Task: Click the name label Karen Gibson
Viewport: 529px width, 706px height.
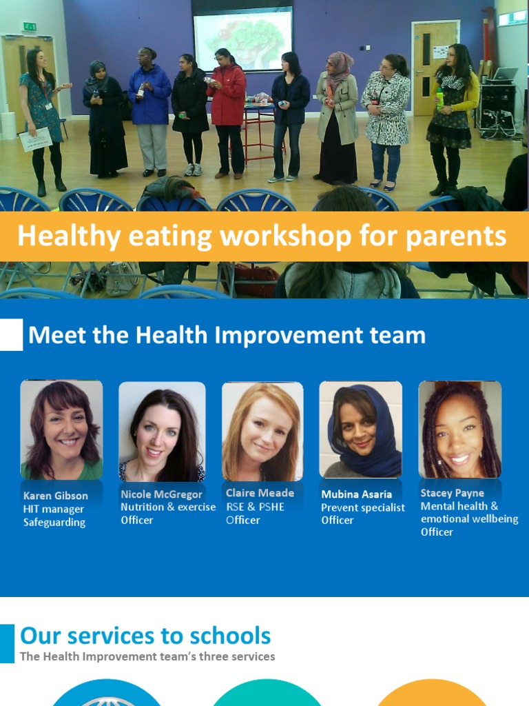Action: pyautogui.click(x=55, y=496)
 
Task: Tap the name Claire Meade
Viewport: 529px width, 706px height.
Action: pyautogui.click(x=260, y=493)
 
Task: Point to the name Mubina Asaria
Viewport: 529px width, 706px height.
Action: pyautogui.click(x=356, y=494)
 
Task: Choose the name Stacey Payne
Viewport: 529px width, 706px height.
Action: pyautogui.click(x=452, y=493)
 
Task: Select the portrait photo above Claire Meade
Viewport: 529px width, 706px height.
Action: pyautogui.click(x=262, y=431)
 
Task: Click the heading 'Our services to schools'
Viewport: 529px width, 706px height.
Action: pyautogui.click(x=145, y=635)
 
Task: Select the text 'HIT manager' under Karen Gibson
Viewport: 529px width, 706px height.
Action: pyautogui.click(x=54, y=510)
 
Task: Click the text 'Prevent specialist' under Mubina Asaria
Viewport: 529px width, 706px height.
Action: pyautogui.click(x=363, y=507)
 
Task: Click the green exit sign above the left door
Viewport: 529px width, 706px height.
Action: pyautogui.click(x=29, y=26)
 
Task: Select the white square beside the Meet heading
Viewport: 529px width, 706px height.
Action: pyautogui.click(x=11, y=335)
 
